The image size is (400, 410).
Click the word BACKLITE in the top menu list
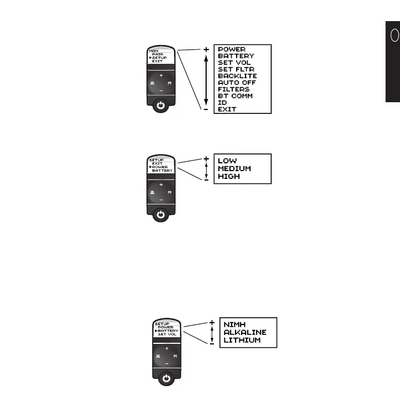click(237, 76)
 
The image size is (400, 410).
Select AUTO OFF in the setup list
click(237, 83)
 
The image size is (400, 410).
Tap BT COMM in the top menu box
click(235, 96)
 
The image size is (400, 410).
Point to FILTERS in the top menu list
click(233, 89)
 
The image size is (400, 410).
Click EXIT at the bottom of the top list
click(227, 109)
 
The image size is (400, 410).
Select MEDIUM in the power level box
click(234, 169)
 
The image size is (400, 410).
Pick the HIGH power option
click(228, 177)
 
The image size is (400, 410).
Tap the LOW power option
click(227, 161)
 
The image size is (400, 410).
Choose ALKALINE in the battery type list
click(245, 332)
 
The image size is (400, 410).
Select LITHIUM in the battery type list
click(242, 340)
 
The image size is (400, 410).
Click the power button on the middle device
click(161, 214)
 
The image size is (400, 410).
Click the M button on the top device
click(169, 82)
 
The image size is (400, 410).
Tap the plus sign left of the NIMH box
click(212, 322)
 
